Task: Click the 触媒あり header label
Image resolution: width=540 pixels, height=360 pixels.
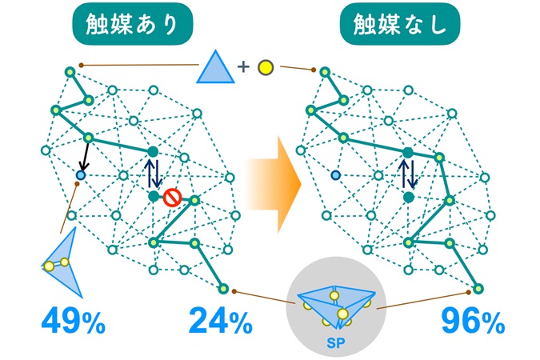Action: click(132, 24)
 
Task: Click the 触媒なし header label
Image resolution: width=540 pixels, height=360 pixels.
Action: click(400, 24)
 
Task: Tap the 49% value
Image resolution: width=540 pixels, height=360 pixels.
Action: click(73, 321)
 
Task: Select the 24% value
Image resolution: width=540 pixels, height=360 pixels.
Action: click(221, 321)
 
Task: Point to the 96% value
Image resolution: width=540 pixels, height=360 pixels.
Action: click(473, 322)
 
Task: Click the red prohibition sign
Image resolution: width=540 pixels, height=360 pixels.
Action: click(172, 198)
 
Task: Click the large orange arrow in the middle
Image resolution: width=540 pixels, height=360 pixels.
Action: click(274, 185)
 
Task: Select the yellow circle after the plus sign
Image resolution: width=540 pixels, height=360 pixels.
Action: click(266, 67)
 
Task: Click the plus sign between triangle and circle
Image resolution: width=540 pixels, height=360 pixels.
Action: click(243, 66)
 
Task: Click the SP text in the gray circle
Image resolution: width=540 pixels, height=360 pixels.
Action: click(336, 343)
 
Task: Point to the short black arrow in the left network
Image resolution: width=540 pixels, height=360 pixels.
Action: click(85, 157)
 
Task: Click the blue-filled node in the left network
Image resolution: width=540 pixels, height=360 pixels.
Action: click(81, 175)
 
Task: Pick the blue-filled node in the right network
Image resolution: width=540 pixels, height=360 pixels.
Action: click(335, 175)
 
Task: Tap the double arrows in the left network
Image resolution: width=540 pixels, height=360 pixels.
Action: click(153, 173)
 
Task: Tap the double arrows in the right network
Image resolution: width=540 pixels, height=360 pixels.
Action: click(408, 174)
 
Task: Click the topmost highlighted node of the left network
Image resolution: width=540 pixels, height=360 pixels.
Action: click(70, 72)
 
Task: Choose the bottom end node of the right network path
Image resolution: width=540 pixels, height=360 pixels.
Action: click(478, 289)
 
